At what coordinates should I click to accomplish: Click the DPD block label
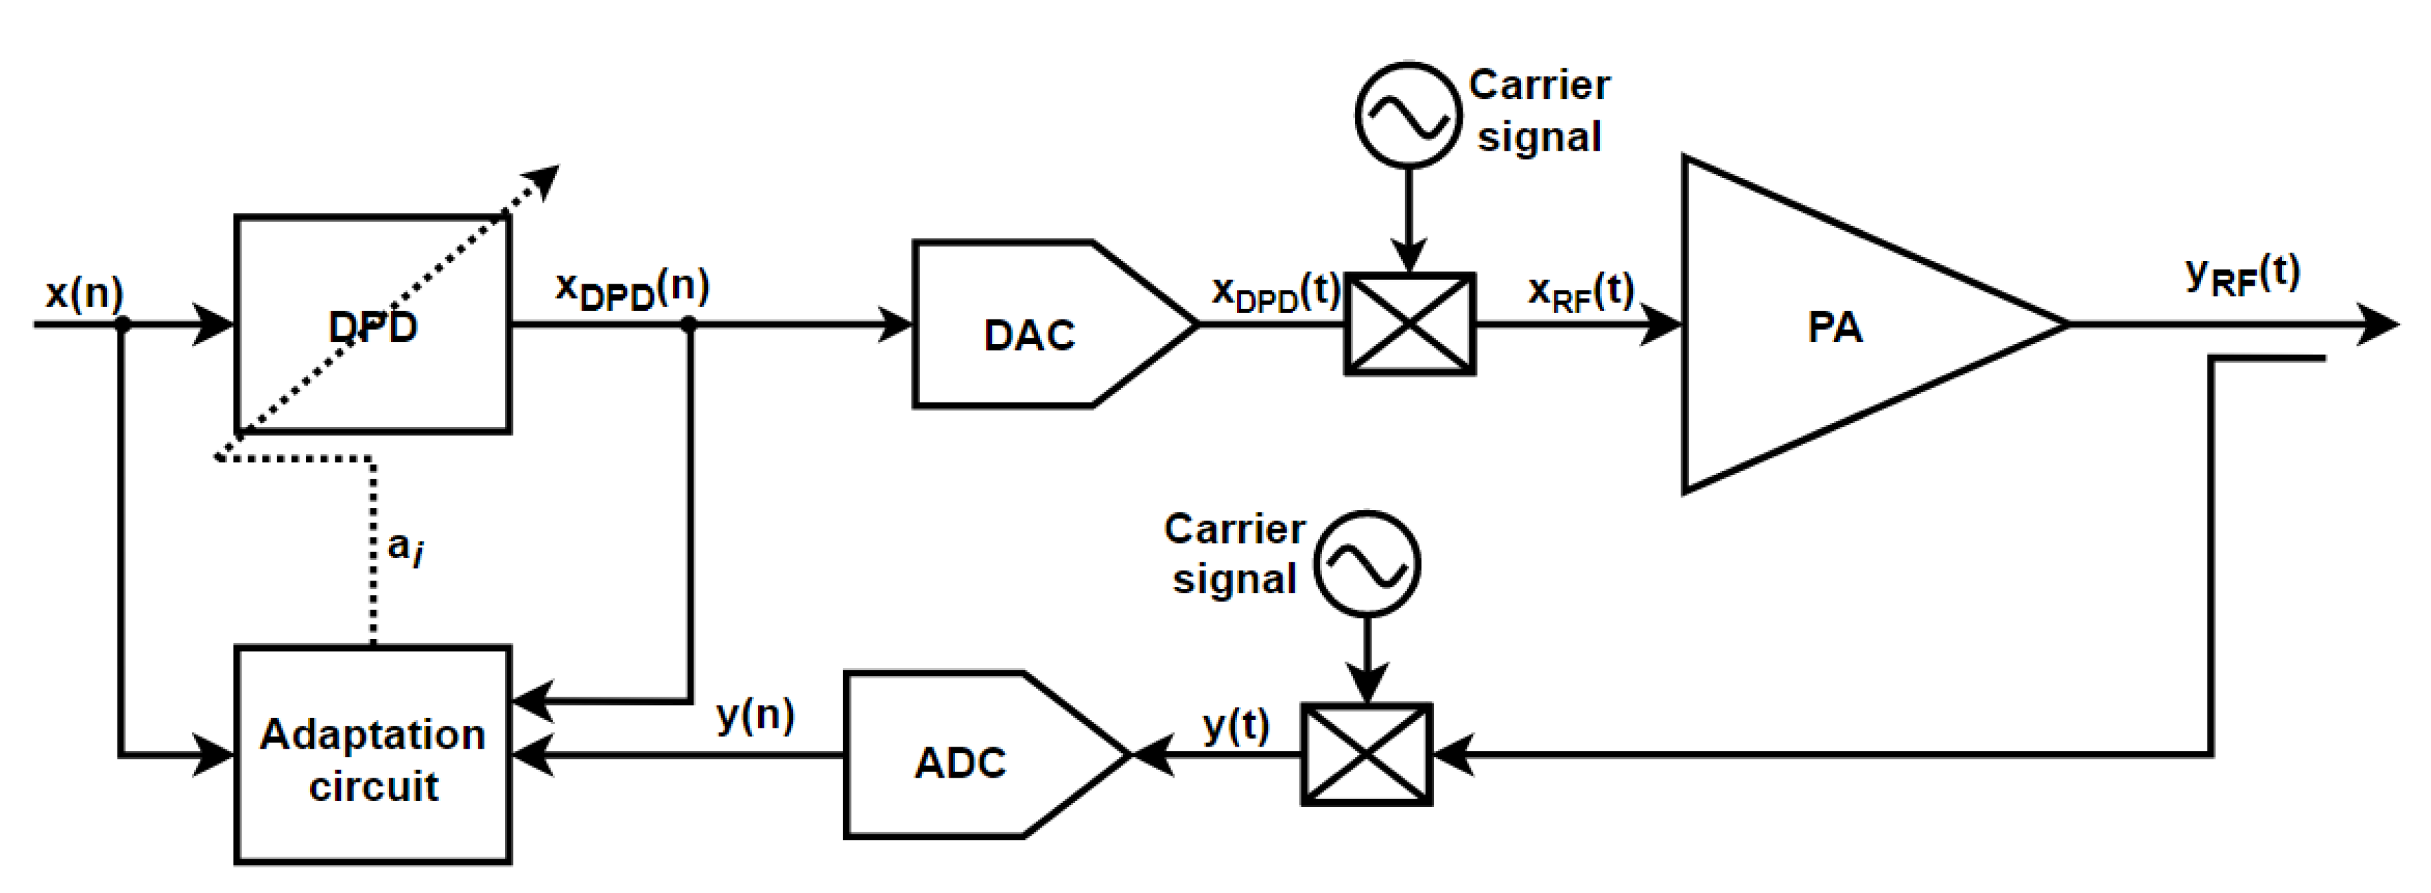click(x=373, y=327)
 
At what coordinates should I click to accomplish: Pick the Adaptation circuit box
click(x=373, y=755)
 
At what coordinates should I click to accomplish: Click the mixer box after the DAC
click(x=1409, y=324)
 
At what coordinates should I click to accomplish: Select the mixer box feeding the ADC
click(x=1366, y=754)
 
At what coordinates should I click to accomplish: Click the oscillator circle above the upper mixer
click(x=1408, y=115)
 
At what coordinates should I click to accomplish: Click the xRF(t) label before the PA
click(x=1581, y=292)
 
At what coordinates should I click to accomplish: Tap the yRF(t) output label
click(x=2243, y=276)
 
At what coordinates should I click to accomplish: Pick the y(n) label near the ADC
click(x=755, y=716)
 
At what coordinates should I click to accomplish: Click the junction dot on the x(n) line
click(x=122, y=324)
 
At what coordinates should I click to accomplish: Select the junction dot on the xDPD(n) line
click(x=689, y=324)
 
